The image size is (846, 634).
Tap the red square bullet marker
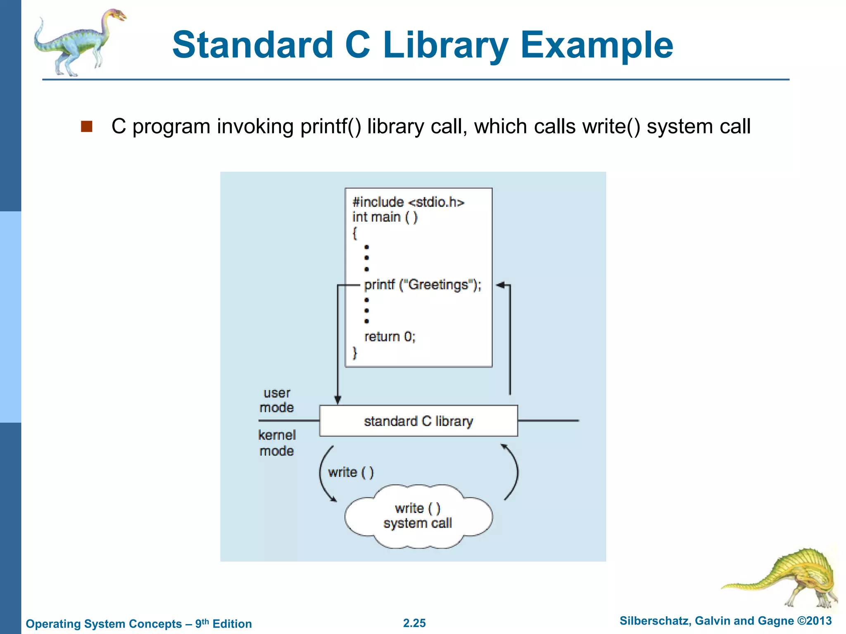(87, 126)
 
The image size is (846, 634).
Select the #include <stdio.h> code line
(408, 202)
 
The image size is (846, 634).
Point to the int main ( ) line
(385, 217)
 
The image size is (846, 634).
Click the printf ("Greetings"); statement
(423, 285)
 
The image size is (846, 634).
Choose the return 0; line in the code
(390, 337)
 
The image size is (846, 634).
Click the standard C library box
(418, 421)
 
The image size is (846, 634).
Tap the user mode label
(277, 400)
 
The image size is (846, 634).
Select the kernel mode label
(277, 443)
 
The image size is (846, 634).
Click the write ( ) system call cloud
(418, 516)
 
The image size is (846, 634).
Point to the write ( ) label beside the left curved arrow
(351, 472)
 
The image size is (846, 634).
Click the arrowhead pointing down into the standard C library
(337, 400)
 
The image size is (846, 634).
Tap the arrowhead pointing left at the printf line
(500, 285)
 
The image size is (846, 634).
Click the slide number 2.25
(414, 623)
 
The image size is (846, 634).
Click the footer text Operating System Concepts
(104, 624)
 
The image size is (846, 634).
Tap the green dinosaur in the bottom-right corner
(787, 578)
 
